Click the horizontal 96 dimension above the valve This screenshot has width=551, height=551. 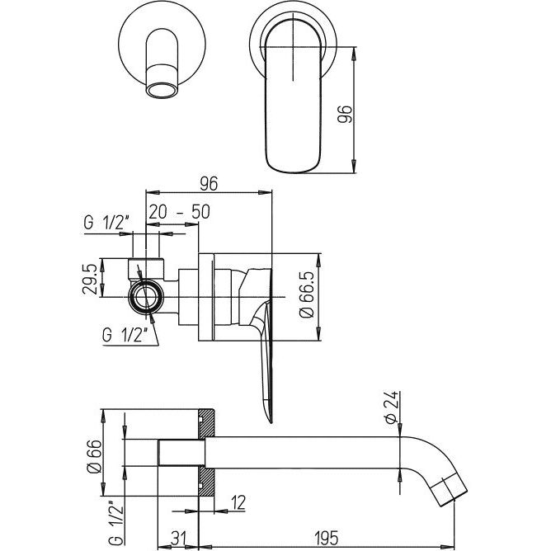209,183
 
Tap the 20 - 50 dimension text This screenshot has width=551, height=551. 180,211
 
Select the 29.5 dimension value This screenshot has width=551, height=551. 89,279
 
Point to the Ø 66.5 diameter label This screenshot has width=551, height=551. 306,295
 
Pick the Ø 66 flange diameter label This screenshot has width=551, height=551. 95,457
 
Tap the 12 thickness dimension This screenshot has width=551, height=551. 238,502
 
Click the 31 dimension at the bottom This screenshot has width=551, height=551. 179,539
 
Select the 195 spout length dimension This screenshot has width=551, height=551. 326,539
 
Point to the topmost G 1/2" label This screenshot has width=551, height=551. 106,224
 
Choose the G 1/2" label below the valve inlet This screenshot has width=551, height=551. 124,335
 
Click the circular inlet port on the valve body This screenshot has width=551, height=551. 146,297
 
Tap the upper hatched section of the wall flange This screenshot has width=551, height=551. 206,424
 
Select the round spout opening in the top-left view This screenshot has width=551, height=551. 162,91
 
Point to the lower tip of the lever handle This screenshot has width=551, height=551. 271,420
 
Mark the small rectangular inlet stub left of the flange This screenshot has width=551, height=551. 181,453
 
